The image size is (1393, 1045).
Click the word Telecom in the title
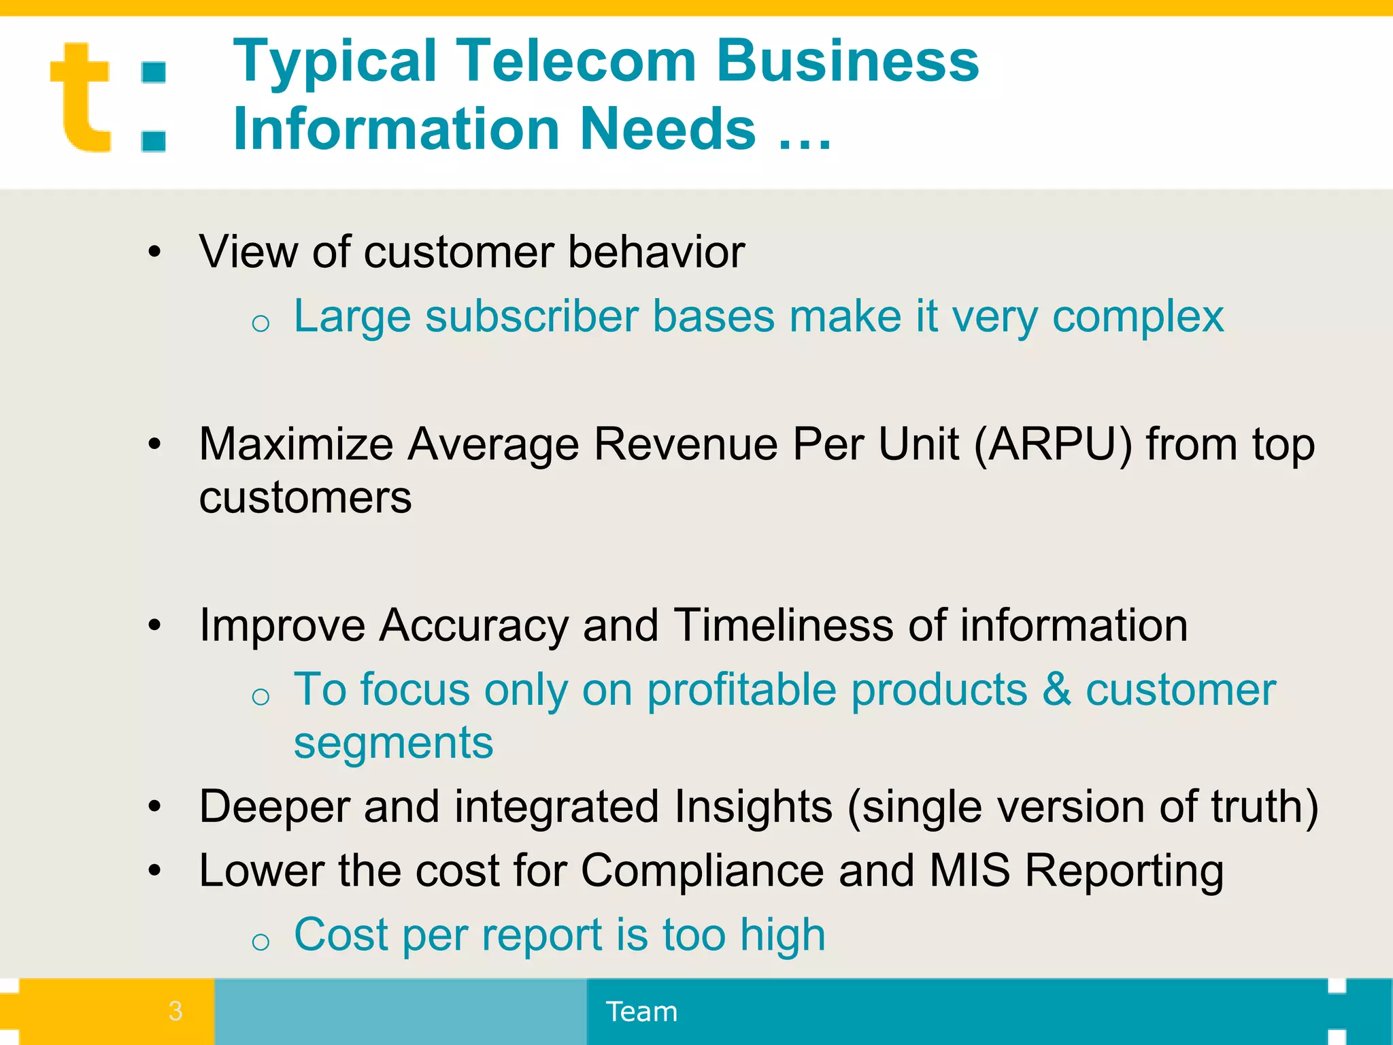[576, 61]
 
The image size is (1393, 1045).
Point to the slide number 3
[175, 1011]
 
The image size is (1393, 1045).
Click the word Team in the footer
[641, 1012]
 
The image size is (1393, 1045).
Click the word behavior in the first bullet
[656, 252]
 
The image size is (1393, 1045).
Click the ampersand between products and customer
[1056, 690]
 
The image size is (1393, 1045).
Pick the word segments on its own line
[393, 743]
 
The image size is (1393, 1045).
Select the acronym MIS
[969, 871]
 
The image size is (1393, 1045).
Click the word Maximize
[296, 445]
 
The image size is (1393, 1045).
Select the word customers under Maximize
[305, 498]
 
